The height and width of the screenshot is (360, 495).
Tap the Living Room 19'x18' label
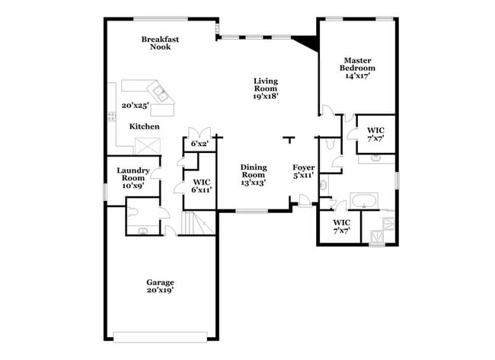point(266,88)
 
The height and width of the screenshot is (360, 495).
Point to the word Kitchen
point(144,126)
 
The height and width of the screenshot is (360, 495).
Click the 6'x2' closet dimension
point(200,144)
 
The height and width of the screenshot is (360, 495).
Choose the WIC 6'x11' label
point(201,186)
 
